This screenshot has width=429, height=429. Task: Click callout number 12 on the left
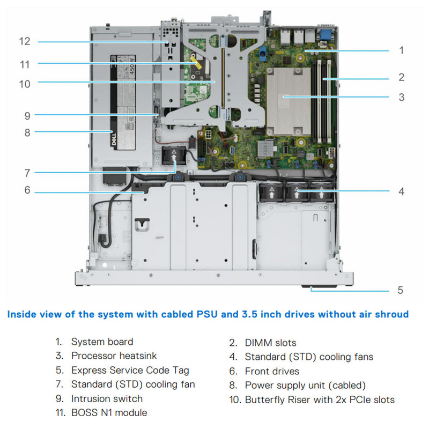[x=24, y=41]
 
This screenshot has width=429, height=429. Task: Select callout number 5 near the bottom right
[x=400, y=291]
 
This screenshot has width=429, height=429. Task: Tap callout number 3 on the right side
[x=401, y=97]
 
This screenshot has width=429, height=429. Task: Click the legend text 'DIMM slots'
[x=270, y=343]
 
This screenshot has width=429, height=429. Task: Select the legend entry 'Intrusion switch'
[x=107, y=399]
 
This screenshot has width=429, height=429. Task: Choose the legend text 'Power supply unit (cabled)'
[x=305, y=385]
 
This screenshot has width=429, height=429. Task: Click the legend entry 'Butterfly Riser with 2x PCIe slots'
[x=320, y=400]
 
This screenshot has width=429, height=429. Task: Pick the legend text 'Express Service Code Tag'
[x=130, y=371]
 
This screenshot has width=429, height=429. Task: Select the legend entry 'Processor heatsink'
[x=114, y=356]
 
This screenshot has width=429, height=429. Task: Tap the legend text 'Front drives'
[x=272, y=371]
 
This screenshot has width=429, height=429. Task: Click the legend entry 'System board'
[x=102, y=342]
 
